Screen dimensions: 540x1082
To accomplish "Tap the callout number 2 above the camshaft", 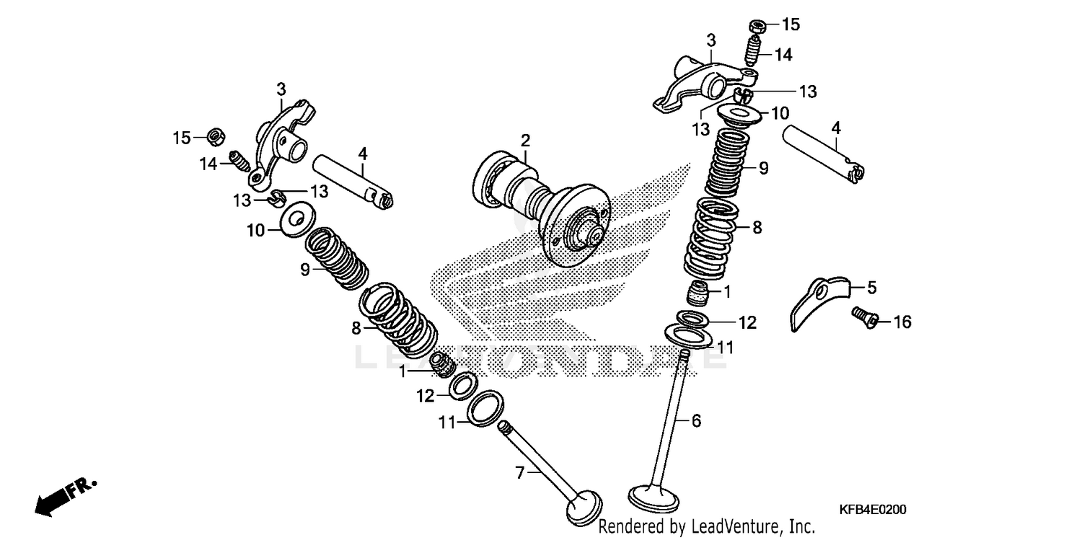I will [526, 138].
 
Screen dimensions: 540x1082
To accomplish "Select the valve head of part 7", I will [584, 508].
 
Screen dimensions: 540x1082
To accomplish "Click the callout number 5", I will [871, 288].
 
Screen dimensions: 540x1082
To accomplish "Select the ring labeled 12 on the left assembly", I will [462, 386].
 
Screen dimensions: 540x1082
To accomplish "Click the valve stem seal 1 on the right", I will [697, 293].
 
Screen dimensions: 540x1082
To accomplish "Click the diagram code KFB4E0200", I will [872, 510].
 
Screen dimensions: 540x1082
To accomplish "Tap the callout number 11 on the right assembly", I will [725, 347].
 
